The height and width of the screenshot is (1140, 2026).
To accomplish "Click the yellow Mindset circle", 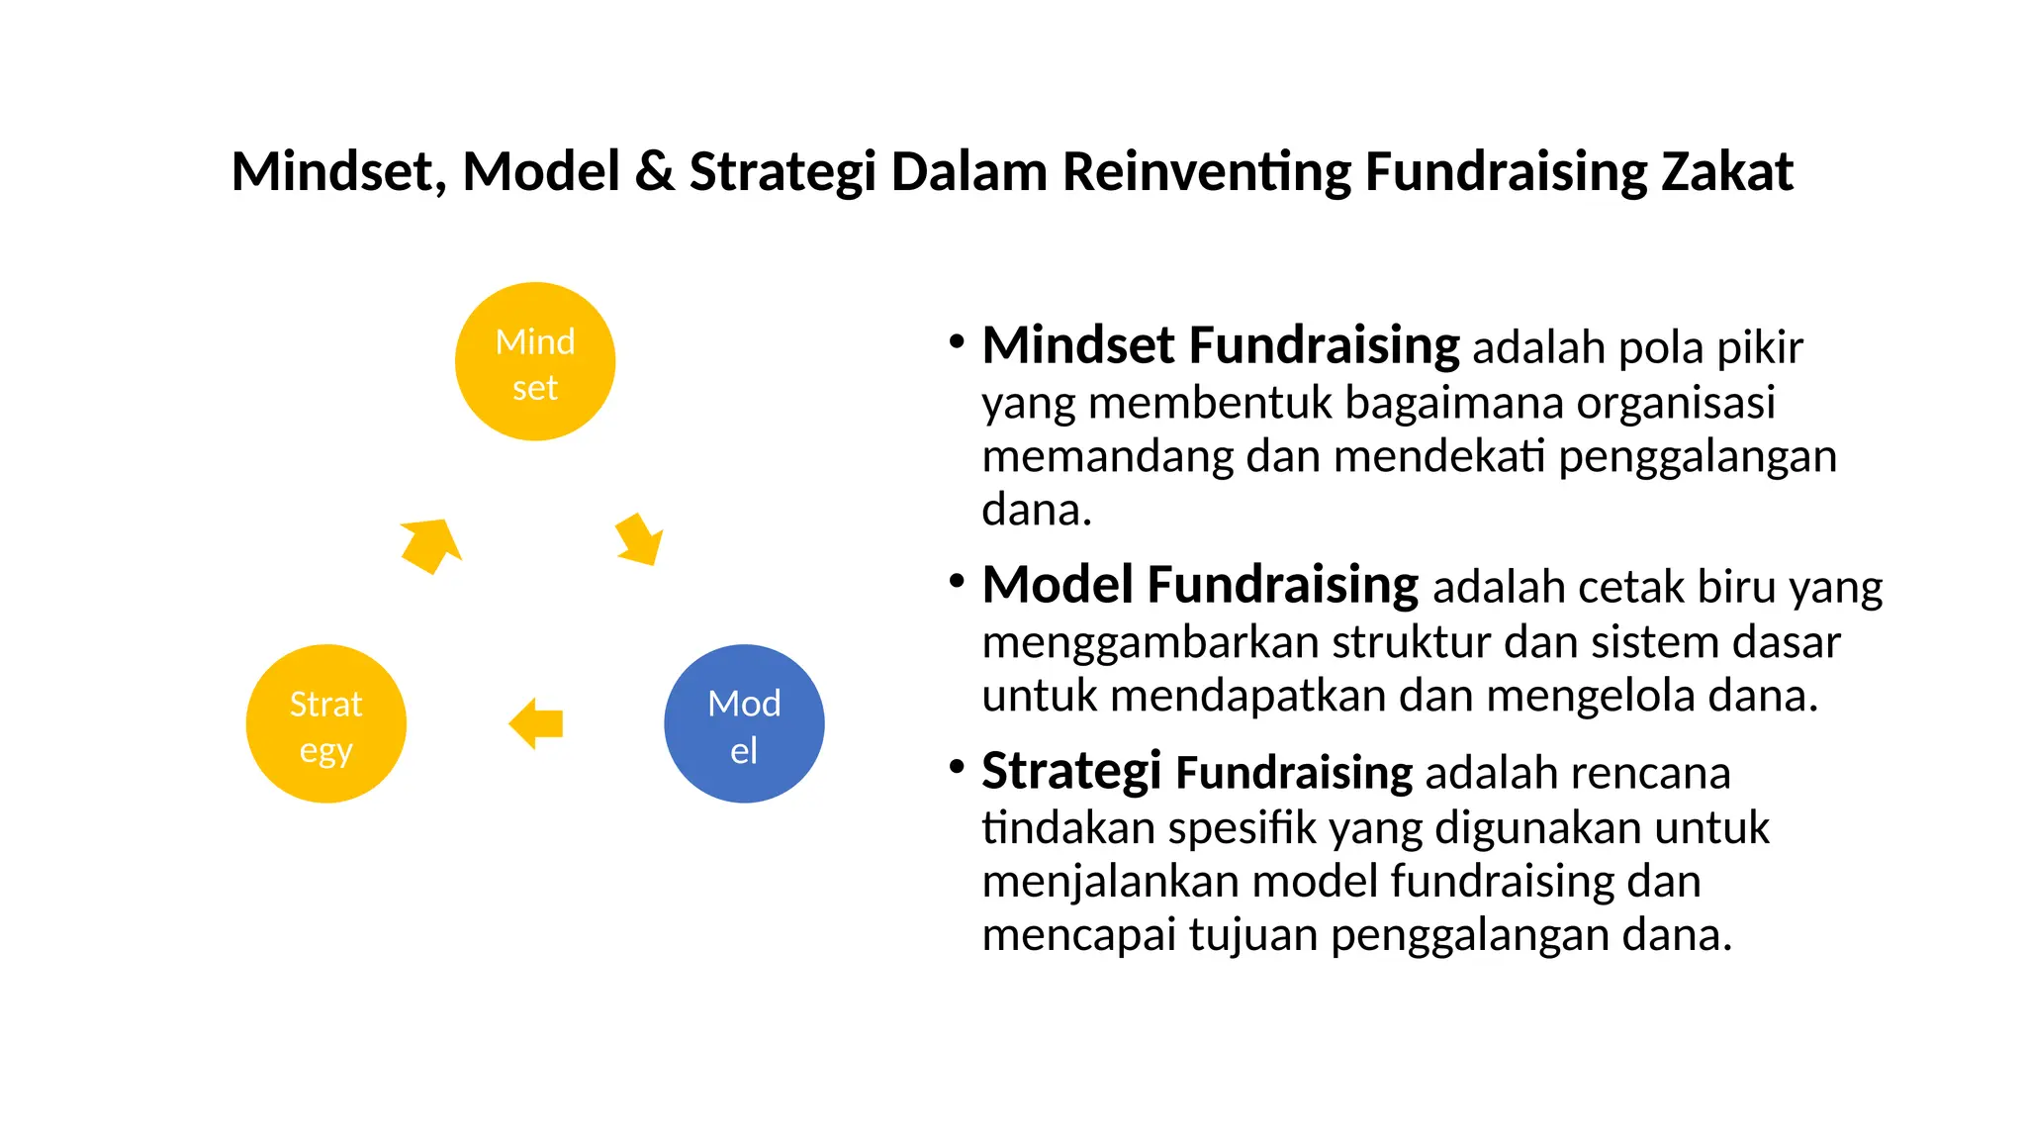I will tap(534, 362).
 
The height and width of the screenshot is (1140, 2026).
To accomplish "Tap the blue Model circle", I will tap(744, 724).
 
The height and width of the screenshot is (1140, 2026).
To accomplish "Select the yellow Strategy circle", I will tap(325, 724).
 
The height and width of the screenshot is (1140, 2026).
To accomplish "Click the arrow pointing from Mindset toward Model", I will tap(639, 539).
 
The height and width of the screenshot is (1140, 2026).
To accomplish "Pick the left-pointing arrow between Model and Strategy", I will tap(536, 723).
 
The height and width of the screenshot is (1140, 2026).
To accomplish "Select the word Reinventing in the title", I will tap(1206, 171).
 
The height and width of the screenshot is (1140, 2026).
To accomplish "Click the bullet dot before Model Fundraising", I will tap(956, 581).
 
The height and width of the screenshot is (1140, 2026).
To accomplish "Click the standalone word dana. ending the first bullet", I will tap(1036, 511).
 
